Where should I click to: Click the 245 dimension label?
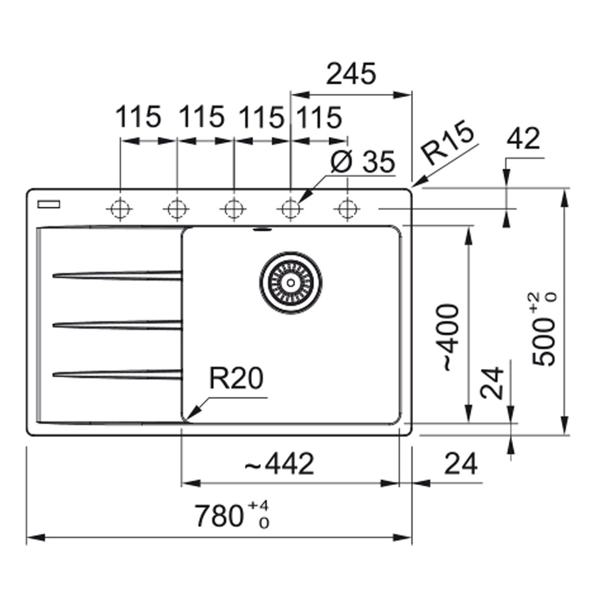coord(351,74)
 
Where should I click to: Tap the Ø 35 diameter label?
coord(362,163)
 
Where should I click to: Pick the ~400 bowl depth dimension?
coord(449,337)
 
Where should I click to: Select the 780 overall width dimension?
coord(231,516)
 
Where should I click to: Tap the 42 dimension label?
coord(523,140)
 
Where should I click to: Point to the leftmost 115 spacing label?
coord(138,117)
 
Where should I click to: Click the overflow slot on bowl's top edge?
coord(262,230)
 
